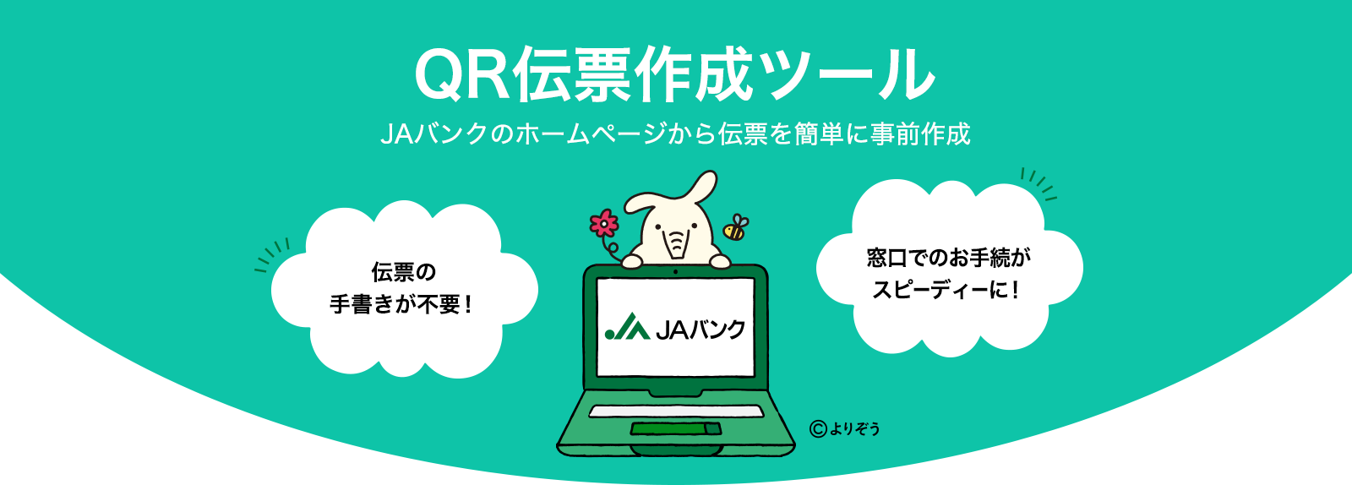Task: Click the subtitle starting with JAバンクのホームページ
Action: [x=675, y=134]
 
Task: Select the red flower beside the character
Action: [x=604, y=224]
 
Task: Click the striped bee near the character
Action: [x=734, y=227]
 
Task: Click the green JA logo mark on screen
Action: [x=626, y=328]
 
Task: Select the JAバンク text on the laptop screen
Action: [x=700, y=329]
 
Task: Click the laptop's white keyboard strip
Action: [x=675, y=411]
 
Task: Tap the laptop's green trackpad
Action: [x=675, y=428]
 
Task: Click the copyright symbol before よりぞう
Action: [x=816, y=428]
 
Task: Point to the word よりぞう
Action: [x=854, y=428]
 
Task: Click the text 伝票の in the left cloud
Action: [x=404, y=272]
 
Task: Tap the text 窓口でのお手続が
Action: [x=948, y=258]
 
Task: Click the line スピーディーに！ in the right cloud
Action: [x=946, y=290]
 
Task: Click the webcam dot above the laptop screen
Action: [x=675, y=272]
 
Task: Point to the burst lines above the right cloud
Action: [x=1039, y=183]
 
